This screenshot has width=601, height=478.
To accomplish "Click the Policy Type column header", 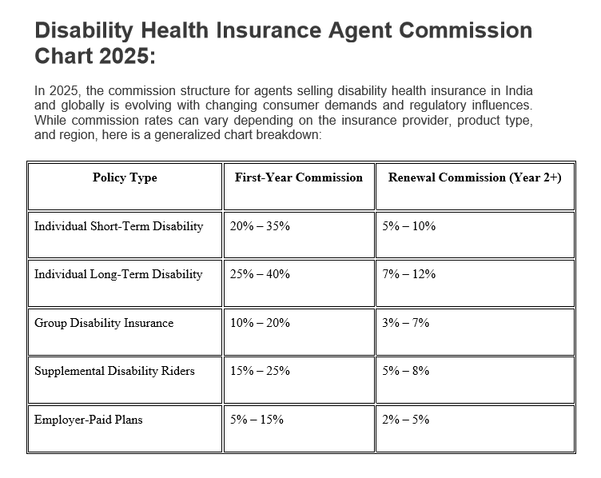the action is [x=125, y=178].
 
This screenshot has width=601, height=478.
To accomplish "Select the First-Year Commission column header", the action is [x=299, y=177].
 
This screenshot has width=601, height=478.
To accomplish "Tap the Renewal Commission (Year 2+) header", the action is [x=475, y=178].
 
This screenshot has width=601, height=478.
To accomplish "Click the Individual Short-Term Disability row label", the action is [x=119, y=226].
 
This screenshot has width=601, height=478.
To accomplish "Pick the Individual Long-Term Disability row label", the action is [x=118, y=274].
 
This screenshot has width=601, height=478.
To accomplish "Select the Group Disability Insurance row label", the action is [x=104, y=323].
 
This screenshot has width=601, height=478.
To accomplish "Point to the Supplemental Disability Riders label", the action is [x=114, y=371].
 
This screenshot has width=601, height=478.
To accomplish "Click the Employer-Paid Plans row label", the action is [x=88, y=420].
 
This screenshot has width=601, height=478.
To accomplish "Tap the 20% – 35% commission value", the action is [x=260, y=226].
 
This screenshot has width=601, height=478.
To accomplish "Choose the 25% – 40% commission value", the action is [x=260, y=274].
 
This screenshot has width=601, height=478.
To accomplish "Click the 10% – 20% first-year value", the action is [x=260, y=323].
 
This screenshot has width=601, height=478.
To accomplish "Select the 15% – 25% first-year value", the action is [x=260, y=371].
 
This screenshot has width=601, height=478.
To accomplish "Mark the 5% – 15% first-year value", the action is [x=257, y=420].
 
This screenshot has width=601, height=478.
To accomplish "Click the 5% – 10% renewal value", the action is [x=408, y=226].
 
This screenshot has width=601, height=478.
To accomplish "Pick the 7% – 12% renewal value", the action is [x=408, y=274].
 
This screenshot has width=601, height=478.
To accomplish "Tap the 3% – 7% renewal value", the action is [x=405, y=323].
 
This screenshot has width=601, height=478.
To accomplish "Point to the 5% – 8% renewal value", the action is [x=405, y=371].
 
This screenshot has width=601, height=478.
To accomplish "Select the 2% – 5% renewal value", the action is [x=405, y=420].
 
